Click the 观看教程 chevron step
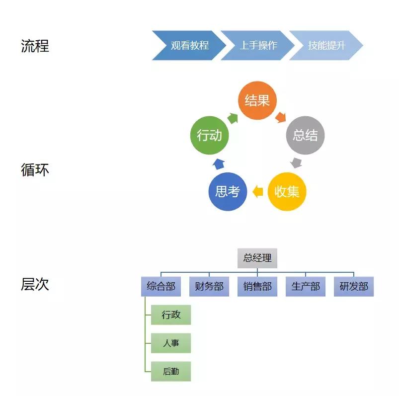coord(189,45)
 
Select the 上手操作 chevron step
coord(257,45)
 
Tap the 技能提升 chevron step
coord(326,45)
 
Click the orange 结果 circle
coord(257,100)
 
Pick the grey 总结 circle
coord(305,135)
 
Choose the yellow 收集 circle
coord(287,191)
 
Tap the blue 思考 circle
coord(228,191)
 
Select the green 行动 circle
coord(209,135)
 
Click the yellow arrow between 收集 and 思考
coord(257,191)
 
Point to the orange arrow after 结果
coord(280,117)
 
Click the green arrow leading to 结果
coord(233,118)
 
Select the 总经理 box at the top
coord(257,258)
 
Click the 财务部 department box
coord(209,287)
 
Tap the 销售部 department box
coord(257,287)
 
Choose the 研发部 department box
coord(354,287)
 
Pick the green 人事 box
coord(171,343)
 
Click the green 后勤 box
coord(171,371)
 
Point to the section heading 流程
coord(35,46)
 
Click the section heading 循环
coord(35,170)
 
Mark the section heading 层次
coord(35,284)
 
